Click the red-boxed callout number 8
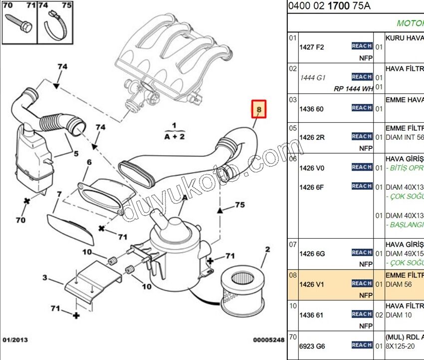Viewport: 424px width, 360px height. tap(259, 108)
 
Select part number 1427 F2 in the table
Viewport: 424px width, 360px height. tap(311, 47)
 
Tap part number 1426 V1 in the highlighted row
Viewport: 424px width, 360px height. tap(311, 284)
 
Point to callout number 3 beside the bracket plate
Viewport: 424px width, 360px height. tap(45, 278)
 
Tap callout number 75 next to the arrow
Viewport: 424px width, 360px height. tap(240, 205)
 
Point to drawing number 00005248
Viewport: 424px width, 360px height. tap(268, 340)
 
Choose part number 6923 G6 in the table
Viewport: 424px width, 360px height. tap(311, 346)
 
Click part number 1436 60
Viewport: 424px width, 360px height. tap(311, 109)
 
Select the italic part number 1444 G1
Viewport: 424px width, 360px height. tap(312, 78)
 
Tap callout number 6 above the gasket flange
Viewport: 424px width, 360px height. tap(89, 162)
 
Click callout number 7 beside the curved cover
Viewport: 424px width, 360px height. tap(59, 194)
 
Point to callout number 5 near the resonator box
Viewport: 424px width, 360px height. tap(76, 154)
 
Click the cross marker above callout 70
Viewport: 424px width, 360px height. tap(27, 201)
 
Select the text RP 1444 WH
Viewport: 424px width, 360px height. tap(353, 89)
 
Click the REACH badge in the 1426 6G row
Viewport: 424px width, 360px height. tap(362, 253)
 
